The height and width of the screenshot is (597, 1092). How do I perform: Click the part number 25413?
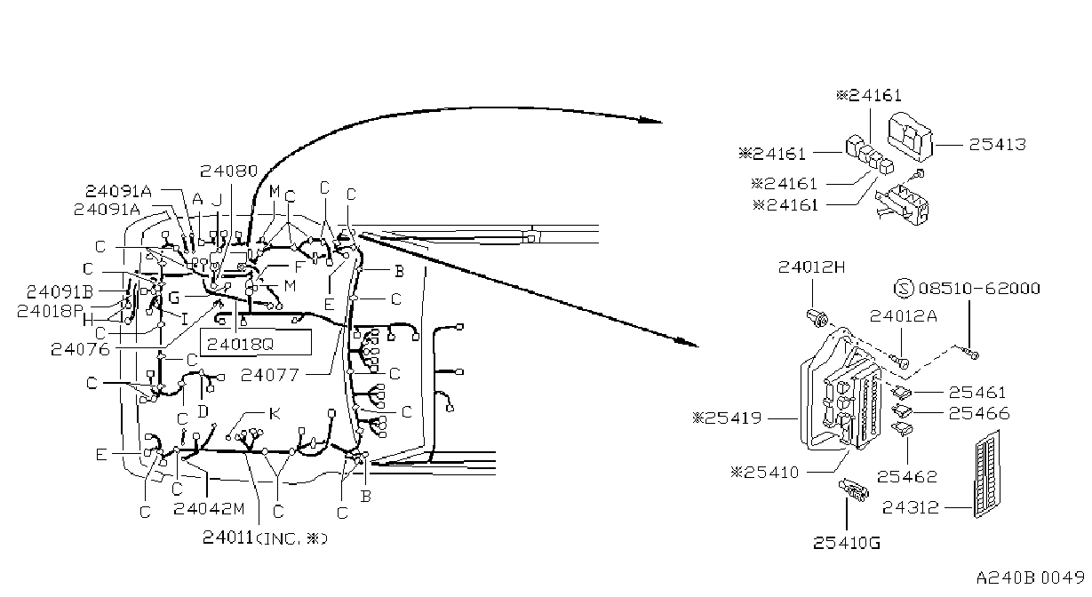click(997, 144)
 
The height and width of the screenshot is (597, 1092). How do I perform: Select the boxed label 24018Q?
click(255, 343)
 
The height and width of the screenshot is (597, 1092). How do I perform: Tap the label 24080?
click(228, 171)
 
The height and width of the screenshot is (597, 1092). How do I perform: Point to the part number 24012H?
click(811, 267)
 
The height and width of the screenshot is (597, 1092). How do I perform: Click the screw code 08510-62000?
click(979, 289)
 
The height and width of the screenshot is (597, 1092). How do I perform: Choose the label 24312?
click(910, 508)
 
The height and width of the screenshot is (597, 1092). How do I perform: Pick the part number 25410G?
click(847, 543)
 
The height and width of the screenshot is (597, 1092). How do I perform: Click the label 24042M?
click(209, 509)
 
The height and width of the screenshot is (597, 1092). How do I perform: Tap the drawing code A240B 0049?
click(1031, 577)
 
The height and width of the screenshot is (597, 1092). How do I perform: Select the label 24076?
click(81, 349)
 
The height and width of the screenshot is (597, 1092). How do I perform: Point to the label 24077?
click(269, 375)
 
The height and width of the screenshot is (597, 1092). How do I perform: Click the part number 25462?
click(907, 477)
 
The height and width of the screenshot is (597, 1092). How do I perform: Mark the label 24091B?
click(60, 291)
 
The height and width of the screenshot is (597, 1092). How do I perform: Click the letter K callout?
click(275, 414)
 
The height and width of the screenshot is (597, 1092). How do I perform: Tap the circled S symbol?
click(904, 289)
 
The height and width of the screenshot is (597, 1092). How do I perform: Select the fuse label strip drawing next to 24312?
click(988, 474)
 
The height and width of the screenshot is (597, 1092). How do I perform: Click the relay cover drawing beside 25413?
click(910, 137)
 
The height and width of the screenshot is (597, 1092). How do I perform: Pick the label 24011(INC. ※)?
click(265, 538)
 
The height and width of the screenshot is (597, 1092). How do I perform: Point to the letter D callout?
click(203, 412)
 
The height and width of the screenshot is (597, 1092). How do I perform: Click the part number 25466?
click(978, 413)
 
